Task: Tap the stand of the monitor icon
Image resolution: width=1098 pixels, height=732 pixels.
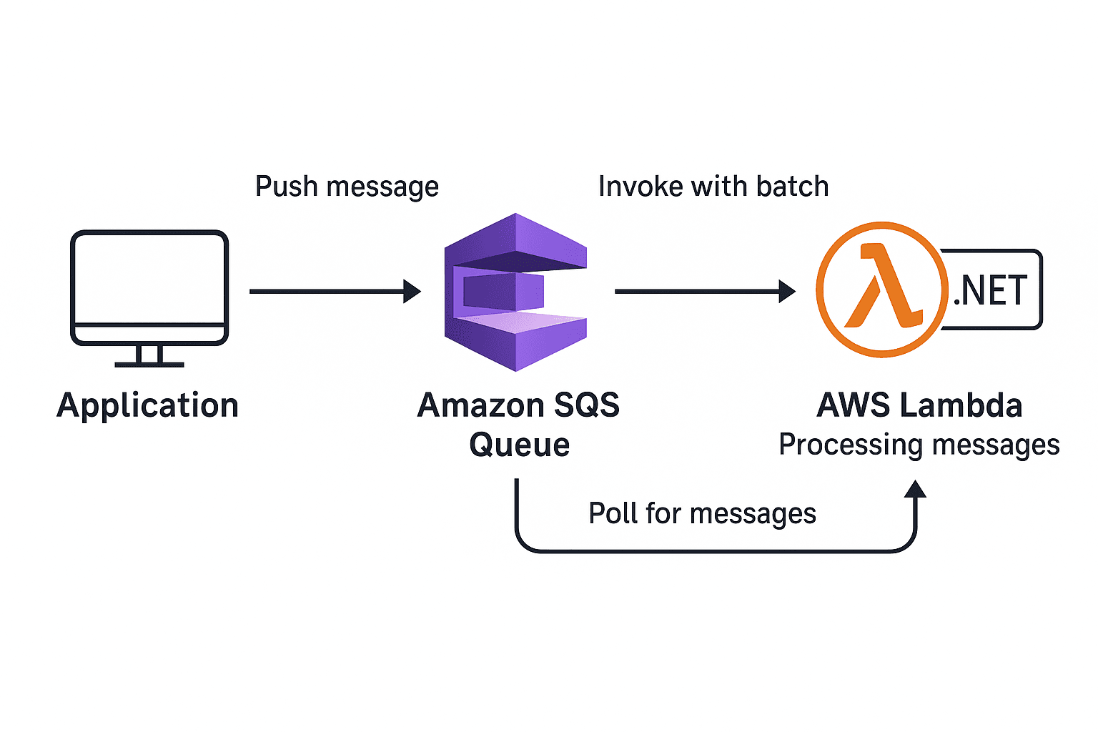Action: pos(149,355)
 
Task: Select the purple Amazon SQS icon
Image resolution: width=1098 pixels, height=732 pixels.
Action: pos(515,292)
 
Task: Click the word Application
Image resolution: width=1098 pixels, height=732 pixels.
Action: pos(147,406)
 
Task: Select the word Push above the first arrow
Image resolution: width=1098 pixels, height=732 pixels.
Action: pos(286,187)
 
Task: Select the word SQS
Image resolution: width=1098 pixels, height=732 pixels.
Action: pos(587,405)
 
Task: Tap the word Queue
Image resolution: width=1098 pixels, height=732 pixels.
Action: pos(520,445)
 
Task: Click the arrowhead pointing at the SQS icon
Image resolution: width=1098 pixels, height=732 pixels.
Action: pos(412,291)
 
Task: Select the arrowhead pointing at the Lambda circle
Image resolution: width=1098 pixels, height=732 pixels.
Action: pos(787,291)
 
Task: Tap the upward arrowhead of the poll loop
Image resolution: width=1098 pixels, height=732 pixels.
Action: pos(915,489)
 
